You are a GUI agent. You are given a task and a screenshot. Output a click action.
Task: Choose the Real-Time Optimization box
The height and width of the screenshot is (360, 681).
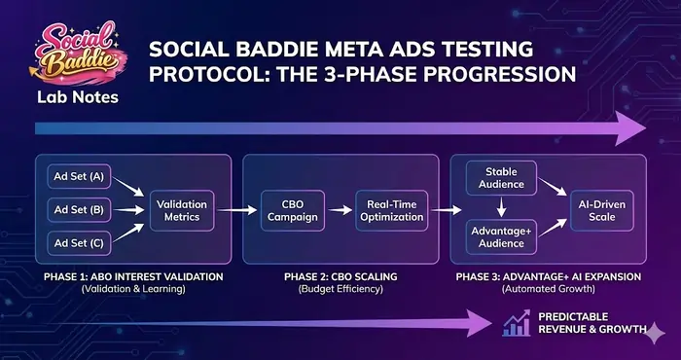pyautogui.click(x=392, y=209)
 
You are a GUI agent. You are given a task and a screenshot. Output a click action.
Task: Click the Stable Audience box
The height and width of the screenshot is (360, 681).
pyautogui.click(x=498, y=177)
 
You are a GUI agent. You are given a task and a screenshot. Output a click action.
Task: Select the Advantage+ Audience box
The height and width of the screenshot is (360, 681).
pyautogui.click(x=498, y=236)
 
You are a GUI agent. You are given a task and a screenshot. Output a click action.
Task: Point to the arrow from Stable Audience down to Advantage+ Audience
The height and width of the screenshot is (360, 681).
pyautogui.click(x=498, y=206)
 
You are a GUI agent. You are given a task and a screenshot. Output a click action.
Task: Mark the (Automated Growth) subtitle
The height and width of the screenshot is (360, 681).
pyautogui.click(x=552, y=290)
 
